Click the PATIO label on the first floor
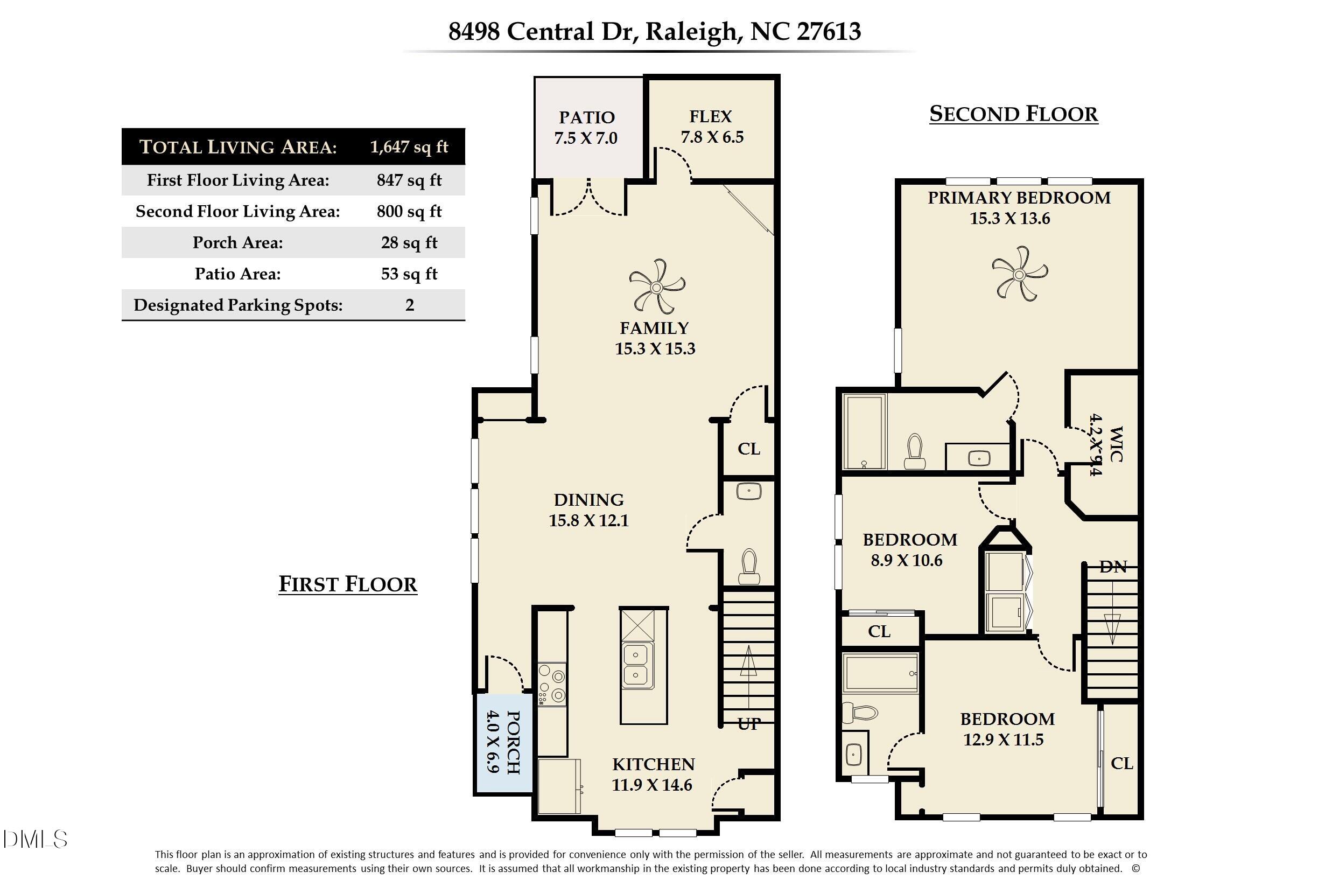(586, 117)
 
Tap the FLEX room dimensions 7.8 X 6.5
(712, 137)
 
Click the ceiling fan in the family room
(657, 288)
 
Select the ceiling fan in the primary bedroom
(1019, 274)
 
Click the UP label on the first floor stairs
(749, 724)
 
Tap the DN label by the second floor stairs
(1112, 567)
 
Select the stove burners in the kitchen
(551, 685)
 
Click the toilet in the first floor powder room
(749, 567)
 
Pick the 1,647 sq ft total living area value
(409, 147)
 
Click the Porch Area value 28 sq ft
(409, 243)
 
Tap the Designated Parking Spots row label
(237, 305)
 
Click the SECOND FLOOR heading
(1013, 114)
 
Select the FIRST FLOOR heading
(347, 584)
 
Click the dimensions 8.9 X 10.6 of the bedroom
(906, 560)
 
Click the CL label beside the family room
(749, 449)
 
